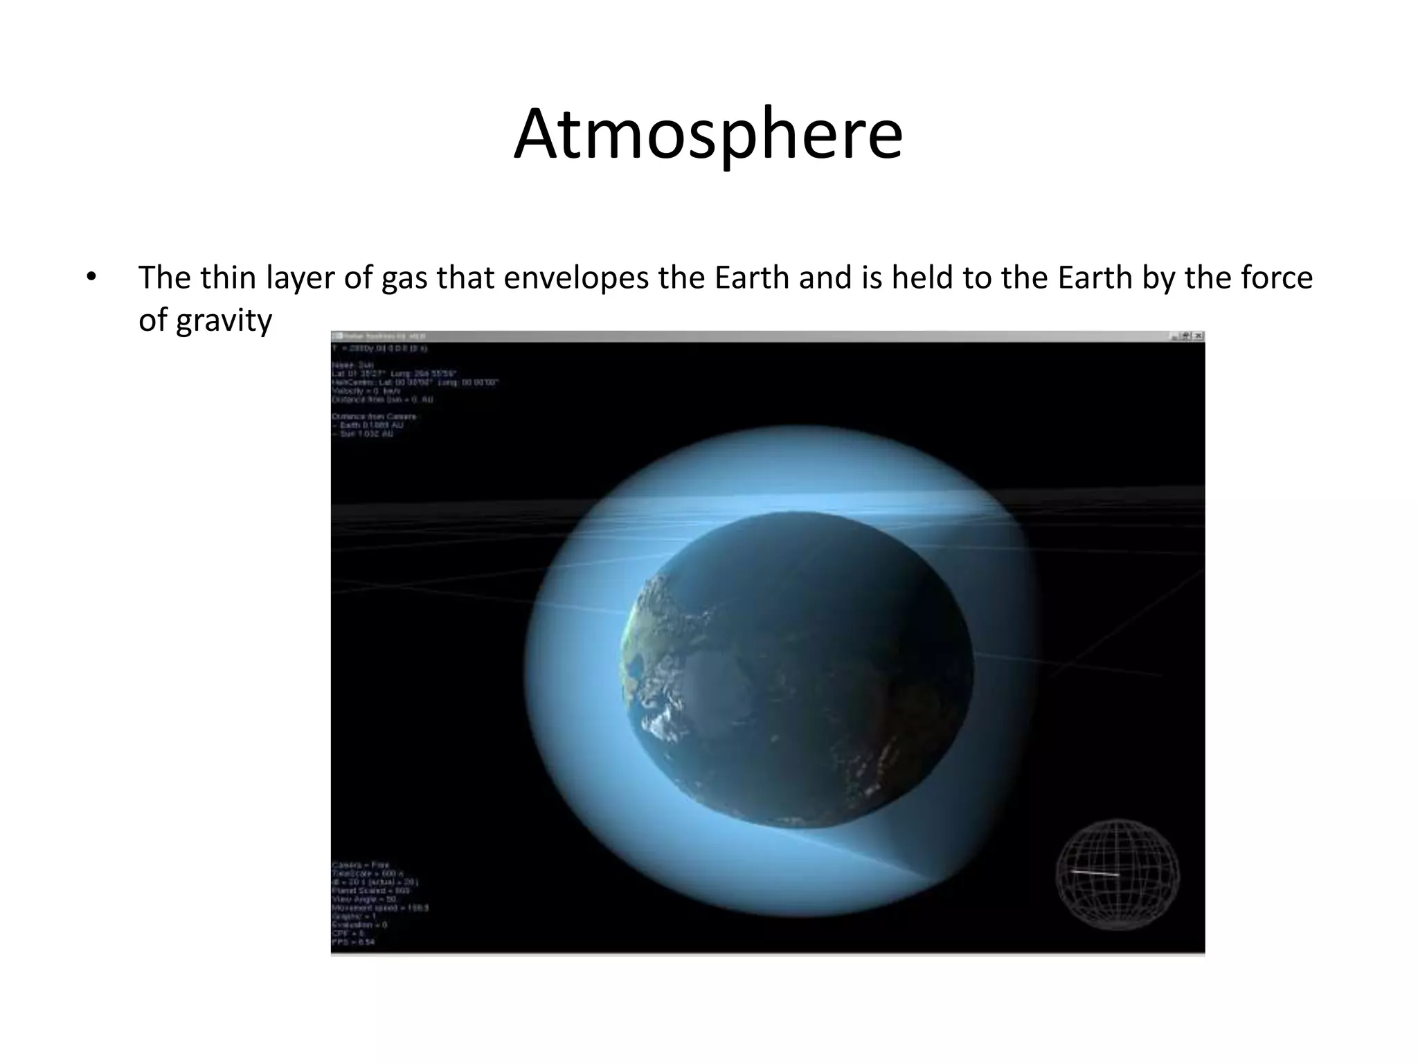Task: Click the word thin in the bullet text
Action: [224, 278]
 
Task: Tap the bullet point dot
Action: [90, 278]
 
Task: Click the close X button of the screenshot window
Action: [1199, 336]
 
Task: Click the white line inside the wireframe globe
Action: [1095, 873]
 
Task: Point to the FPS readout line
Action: [354, 942]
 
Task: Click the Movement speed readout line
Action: [380, 907]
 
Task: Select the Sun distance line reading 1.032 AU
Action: [363, 434]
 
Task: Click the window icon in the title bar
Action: [337, 336]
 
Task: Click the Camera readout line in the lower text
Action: [361, 865]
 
